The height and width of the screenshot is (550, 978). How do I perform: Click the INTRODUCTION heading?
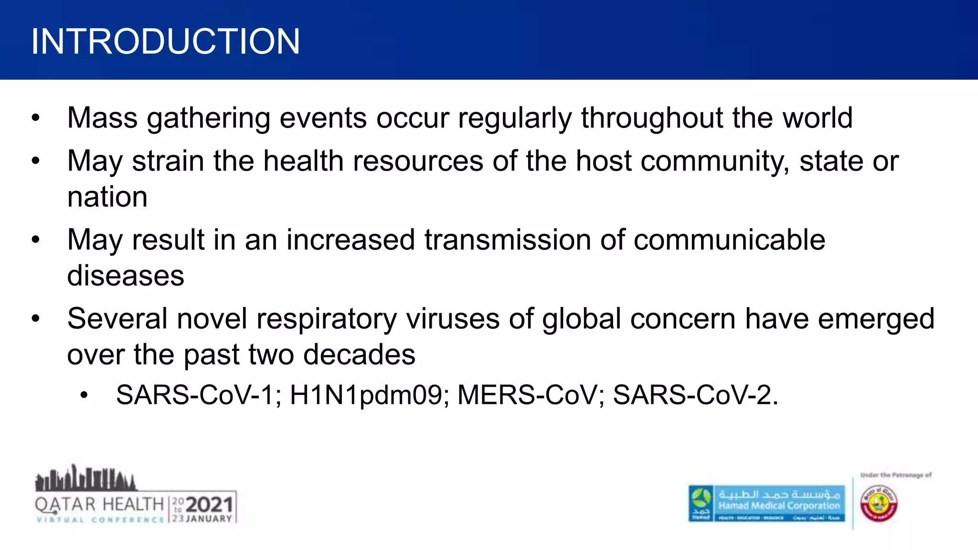(x=165, y=42)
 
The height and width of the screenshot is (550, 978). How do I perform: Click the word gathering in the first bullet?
(x=209, y=118)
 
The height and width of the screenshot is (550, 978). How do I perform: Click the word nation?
(x=107, y=197)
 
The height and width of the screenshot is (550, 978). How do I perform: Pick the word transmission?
(x=508, y=240)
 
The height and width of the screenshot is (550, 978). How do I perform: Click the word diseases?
(x=126, y=276)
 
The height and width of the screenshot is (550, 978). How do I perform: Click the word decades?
(x=359, y=355)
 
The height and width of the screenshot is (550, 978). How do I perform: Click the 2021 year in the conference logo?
(x=209, y=505)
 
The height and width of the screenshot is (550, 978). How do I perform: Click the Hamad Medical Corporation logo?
(x=767, y=504)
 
